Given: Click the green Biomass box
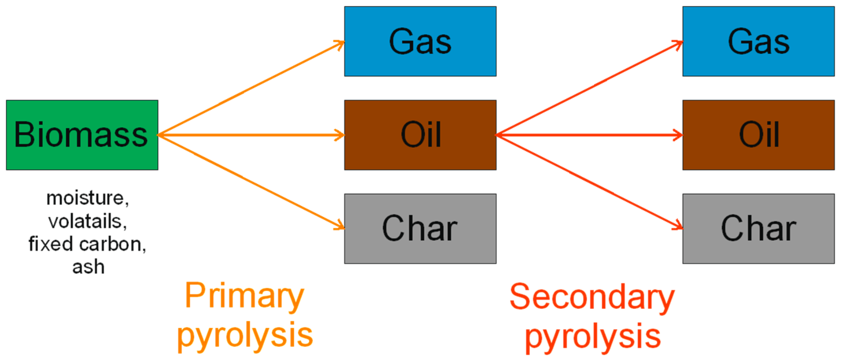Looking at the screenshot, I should pos(82,135).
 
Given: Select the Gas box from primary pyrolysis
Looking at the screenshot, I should pos(420,41).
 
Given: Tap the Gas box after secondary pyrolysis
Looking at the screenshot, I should pos(758,41).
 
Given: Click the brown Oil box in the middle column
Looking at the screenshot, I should pos(420,135).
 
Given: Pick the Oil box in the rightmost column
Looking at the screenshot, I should pos(758,135).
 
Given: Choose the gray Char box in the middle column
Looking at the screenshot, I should pos(420,228).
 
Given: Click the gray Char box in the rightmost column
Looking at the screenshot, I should pos(758,228).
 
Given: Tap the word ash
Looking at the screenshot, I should pos(88,267).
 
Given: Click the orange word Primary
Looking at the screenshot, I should pos(245,296).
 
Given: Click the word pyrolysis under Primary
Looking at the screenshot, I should pos(245,335).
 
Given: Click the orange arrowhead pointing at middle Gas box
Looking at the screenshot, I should pos(340,44).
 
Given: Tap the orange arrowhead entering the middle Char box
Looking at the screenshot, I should pos(340,226).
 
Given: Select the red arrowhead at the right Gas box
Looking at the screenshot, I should pos(679,44).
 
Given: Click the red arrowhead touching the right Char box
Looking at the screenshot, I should pos(679,226).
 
